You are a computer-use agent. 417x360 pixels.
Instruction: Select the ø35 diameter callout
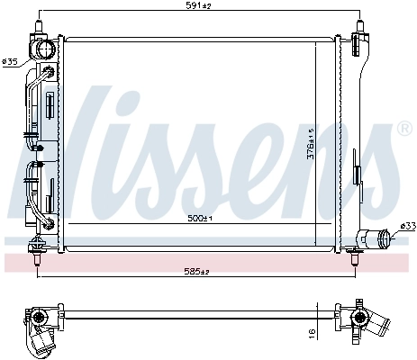[x=11, y=62]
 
